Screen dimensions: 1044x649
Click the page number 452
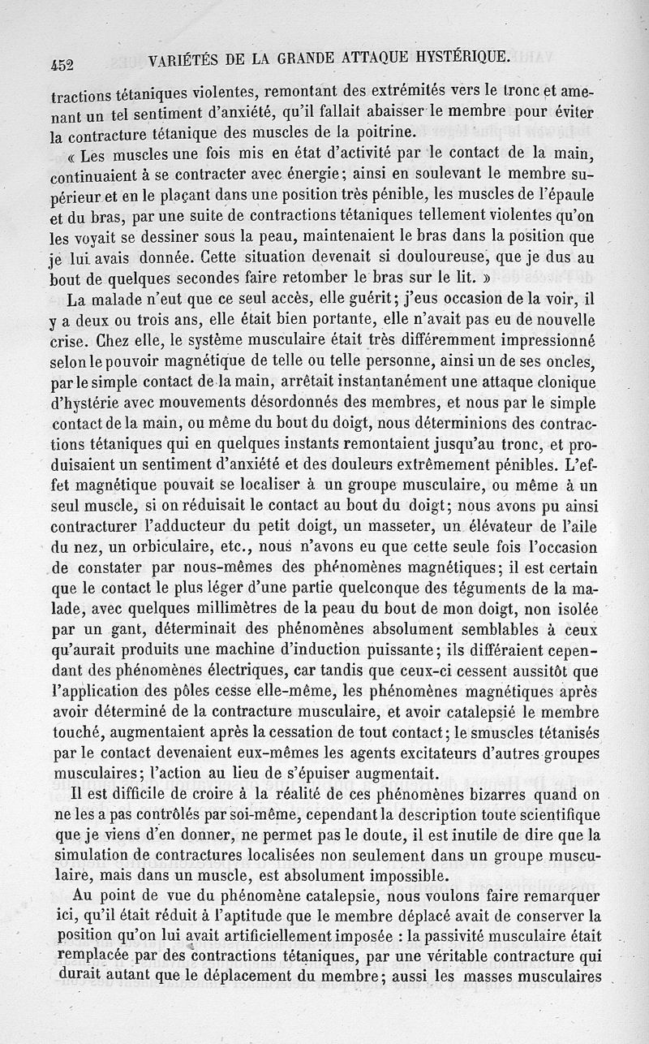62,65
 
